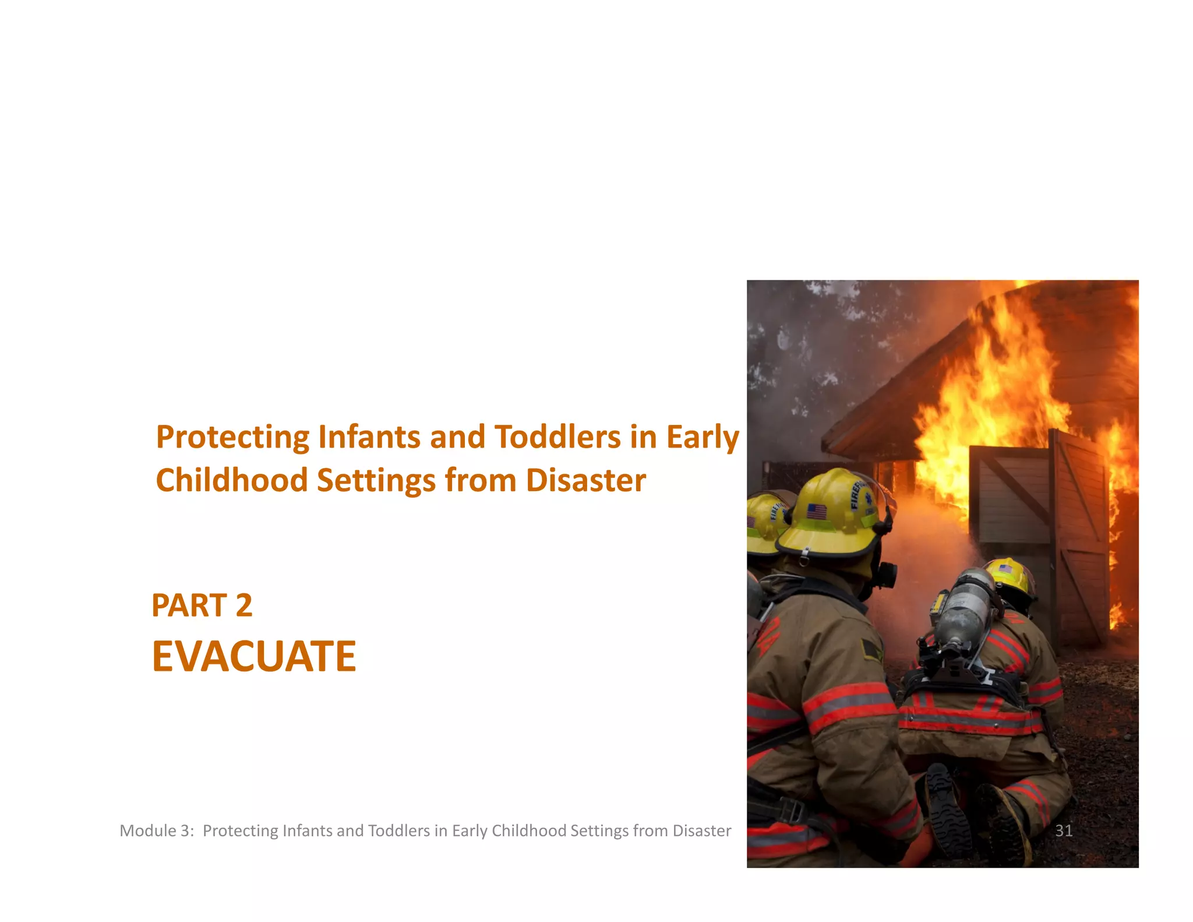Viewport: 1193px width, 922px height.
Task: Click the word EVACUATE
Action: point(253,657)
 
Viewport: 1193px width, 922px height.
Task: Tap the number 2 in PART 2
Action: point(244,606)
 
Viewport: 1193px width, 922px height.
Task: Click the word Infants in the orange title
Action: point(369,437)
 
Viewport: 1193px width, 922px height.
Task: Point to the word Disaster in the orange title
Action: point(585,481)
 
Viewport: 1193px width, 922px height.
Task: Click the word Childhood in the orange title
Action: point(231,481)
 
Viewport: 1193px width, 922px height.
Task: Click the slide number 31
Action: point(1064,830)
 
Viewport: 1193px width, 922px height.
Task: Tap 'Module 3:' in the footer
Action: point(156,830)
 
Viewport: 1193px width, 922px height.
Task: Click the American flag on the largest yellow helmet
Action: point(816,512)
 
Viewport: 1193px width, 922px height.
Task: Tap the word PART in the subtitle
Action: point(189,606)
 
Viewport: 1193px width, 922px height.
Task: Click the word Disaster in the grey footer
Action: point(701,830)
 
